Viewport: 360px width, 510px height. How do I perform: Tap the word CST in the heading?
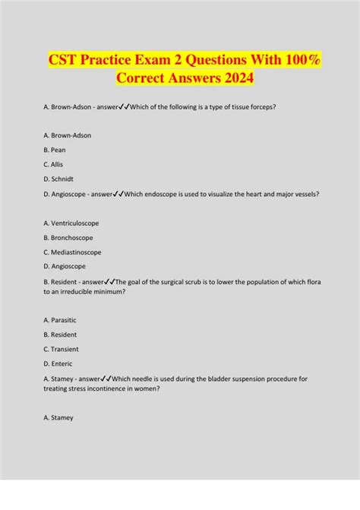66,58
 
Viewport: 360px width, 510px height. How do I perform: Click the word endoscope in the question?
166,194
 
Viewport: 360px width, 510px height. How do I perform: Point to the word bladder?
210,379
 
